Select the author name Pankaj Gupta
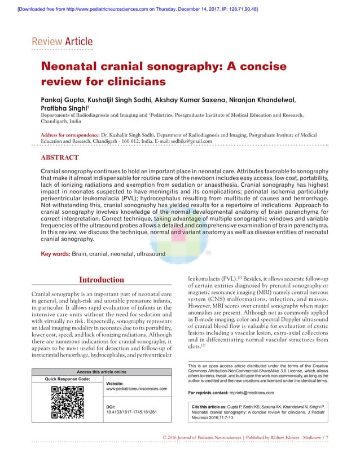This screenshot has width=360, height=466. [x=68, y=99]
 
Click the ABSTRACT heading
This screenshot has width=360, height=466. [x=60, y=157]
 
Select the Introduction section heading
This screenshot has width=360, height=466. [x=101, y=280]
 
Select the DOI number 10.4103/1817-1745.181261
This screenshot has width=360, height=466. [x=131, y=412]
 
